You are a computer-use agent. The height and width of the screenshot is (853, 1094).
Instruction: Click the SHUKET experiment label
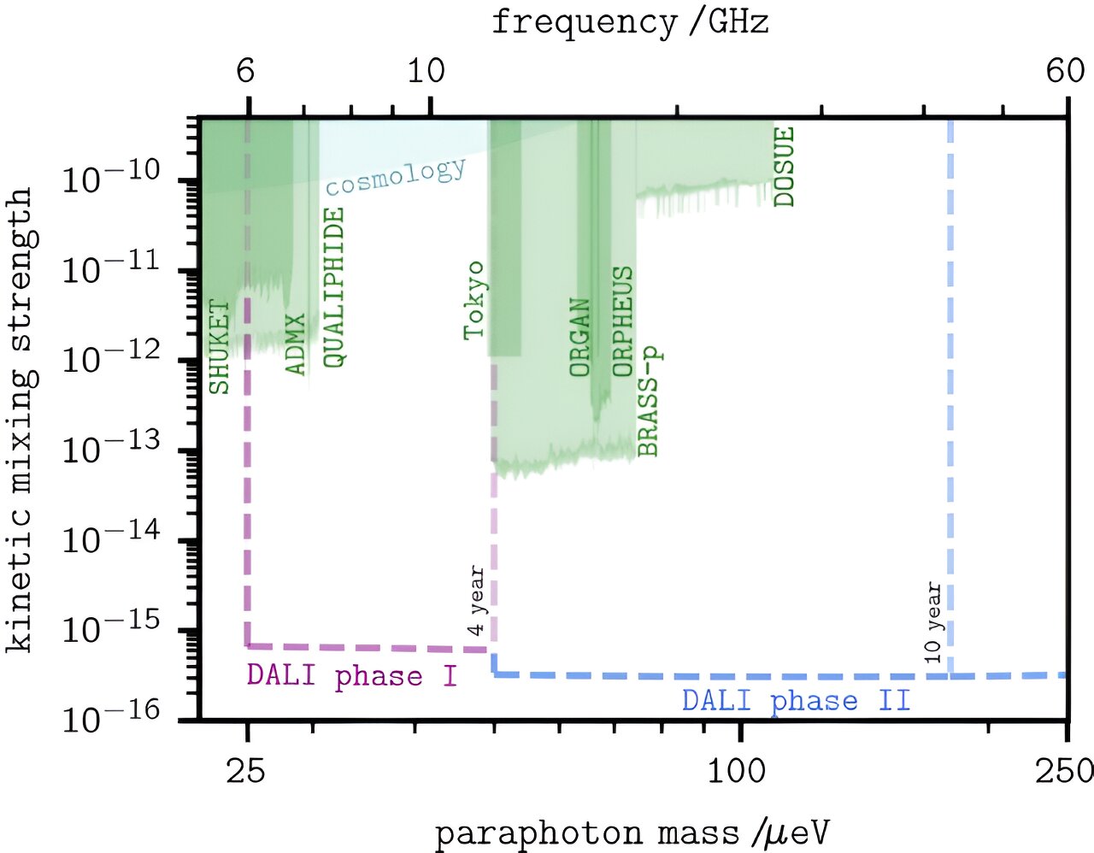click(220, 347)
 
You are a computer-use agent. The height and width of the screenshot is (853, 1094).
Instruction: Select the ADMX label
click(295, 344)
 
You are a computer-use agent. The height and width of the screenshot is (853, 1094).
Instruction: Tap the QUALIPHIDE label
click(334, 288)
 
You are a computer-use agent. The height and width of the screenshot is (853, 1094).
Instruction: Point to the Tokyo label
click(474, 301)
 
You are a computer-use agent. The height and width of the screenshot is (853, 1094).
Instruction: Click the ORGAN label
click(580, 338)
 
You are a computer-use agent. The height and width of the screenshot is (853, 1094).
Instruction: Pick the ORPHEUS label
click(623, 321)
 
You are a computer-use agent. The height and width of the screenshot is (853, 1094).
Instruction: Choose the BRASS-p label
click(649, 402)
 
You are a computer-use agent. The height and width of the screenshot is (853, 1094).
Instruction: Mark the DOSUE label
click(784, 167)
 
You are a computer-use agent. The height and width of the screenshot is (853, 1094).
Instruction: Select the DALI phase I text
click(352, 676)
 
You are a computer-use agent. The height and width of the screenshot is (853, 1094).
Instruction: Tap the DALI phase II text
click(796, 701)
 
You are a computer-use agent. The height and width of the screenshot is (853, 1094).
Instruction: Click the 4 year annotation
click(477, 602)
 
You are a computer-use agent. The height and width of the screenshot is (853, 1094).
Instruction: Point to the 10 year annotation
click(933, 623)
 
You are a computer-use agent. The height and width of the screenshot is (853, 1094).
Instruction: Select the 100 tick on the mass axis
click(737, 772)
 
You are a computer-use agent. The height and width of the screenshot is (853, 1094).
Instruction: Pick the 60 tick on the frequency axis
click(1065, 72)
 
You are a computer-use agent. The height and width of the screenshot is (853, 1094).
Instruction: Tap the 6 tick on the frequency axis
click(246, 72)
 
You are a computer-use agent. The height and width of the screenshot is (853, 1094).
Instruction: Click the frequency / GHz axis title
click(630, 22)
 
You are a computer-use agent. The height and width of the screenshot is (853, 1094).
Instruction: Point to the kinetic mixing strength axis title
click(21, 419)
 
